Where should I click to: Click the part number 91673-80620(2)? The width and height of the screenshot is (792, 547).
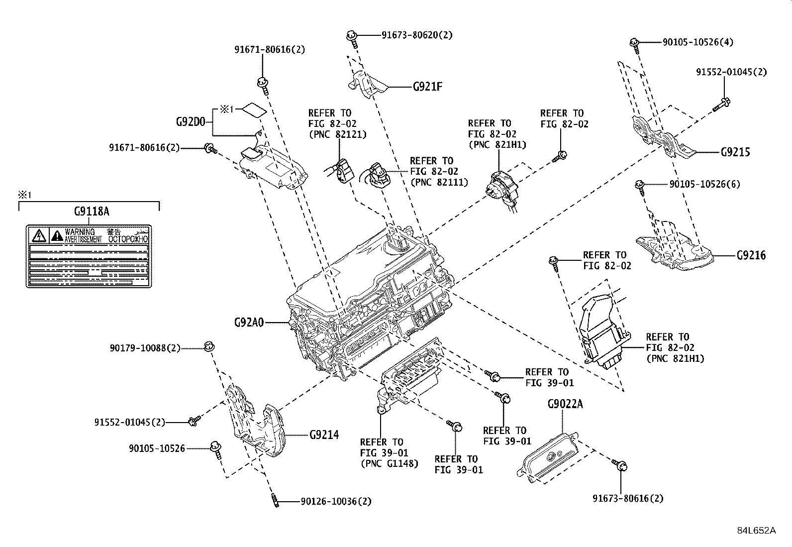click(x=417, y=35)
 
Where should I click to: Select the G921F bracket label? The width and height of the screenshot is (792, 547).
click(x=427, y=87)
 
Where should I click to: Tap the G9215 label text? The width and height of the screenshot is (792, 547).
click(x=735, y=152)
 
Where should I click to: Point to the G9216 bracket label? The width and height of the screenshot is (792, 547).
click(x=751, y=255)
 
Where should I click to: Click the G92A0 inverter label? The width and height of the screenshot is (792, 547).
click(x=248, y=322)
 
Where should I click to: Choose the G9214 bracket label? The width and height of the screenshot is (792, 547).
click(x=324, y=435)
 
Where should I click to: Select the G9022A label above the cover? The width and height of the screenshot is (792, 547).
click(x=565, y=404)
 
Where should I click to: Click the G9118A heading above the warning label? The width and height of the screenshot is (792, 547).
click(x=92, y=211)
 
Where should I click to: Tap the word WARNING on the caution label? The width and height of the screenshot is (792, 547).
click(x=80, y=232)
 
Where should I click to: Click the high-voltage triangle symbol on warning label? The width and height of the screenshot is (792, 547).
click(x=39, y=235)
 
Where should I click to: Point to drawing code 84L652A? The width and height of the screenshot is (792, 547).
click(x=756, y=530)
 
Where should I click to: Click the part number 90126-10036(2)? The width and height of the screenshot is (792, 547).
click(x=336, y=501)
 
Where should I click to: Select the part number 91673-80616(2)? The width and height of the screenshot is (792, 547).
click(x=628, y=498)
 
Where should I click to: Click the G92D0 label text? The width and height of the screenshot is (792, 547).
click(x=191, y=121)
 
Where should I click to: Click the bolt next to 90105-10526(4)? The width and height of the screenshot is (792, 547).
click(x=634, y=43)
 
